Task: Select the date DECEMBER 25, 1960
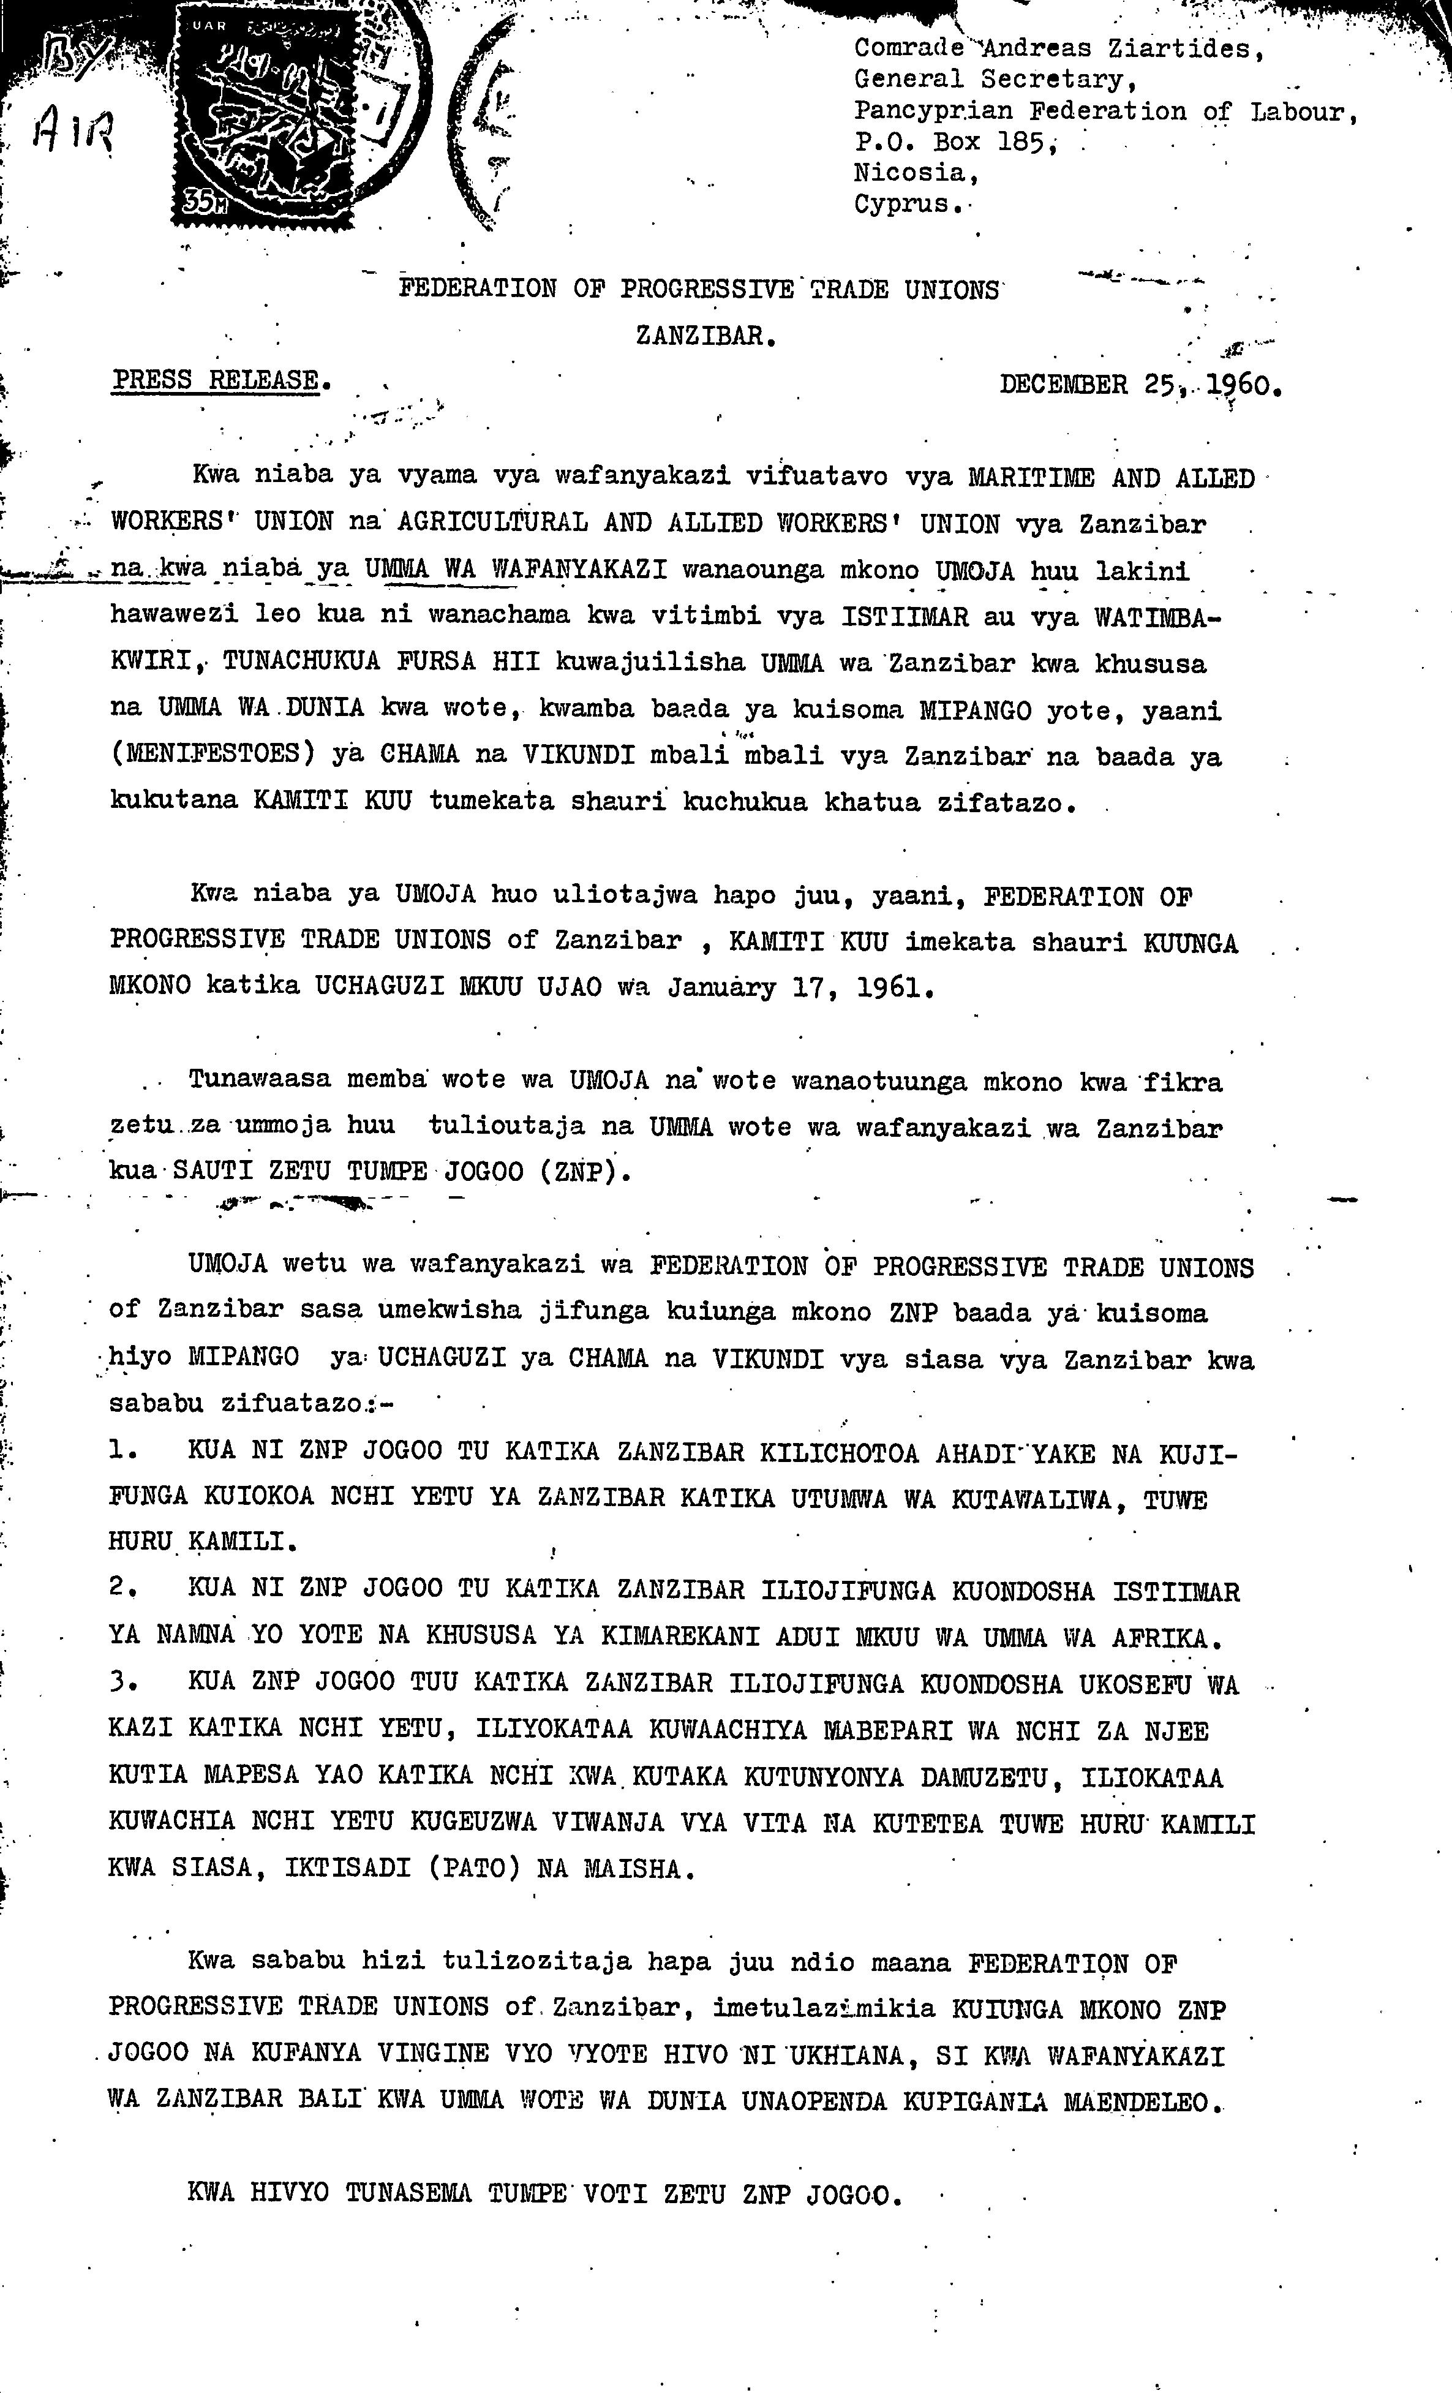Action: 1140,385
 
